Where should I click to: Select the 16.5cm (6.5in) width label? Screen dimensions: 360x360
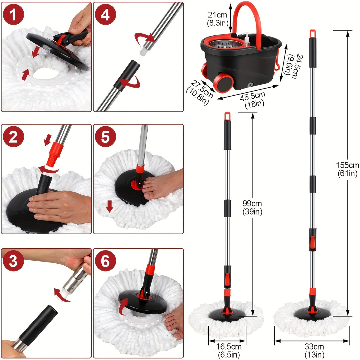click(229, 350)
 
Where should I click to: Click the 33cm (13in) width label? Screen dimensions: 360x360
click(314, 350)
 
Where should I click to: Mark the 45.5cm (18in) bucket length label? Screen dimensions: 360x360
click(254, 100)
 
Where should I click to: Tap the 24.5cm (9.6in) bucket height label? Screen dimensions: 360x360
click(291, 66)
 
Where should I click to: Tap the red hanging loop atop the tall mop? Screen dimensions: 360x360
click(313, 33)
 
